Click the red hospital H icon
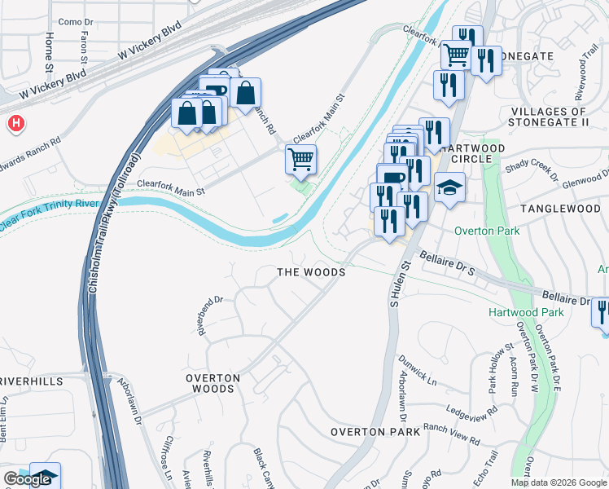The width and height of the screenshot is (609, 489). pos(15,123)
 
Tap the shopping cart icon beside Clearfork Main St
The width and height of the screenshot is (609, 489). pos(300,160)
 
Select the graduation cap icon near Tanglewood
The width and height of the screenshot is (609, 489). pos(449,187)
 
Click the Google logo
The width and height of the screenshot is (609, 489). pos(27,479)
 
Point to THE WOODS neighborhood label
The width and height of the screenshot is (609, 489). pos(311,271)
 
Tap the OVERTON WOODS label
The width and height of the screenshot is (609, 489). pos(212,383)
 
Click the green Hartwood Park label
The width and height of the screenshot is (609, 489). pos(526,312)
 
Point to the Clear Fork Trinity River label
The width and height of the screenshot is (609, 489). pos(50,214)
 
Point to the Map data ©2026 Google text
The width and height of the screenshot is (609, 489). pos(559,482)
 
